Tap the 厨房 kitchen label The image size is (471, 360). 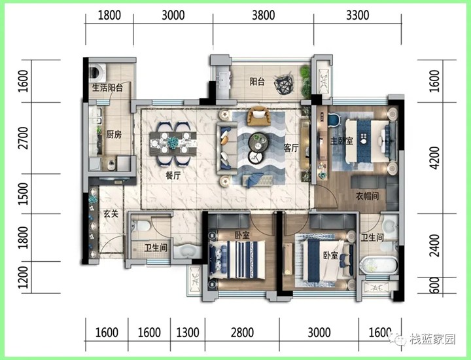coord(114,135)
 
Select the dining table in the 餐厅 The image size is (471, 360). coord(173,143)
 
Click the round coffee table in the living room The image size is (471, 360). coord(258,141)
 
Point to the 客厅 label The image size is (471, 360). coord(291,148)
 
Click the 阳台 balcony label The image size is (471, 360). coord(257,81)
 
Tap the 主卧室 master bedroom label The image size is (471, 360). coord(341,141)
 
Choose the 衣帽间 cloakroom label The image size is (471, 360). coord(367,196)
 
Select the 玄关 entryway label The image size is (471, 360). coord(111,213)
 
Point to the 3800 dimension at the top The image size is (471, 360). coord(263,15)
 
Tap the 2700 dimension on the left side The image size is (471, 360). coord(23,138)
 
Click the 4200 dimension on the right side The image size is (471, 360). coord(434,158)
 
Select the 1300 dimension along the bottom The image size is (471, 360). coord(188,333)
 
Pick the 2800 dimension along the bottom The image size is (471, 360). coord(242,333)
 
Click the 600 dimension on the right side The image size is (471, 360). coord(434,285)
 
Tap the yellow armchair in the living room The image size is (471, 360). coord(258,117)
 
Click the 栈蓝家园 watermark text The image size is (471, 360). coord(432,339)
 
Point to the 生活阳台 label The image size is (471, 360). coord(107,88)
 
